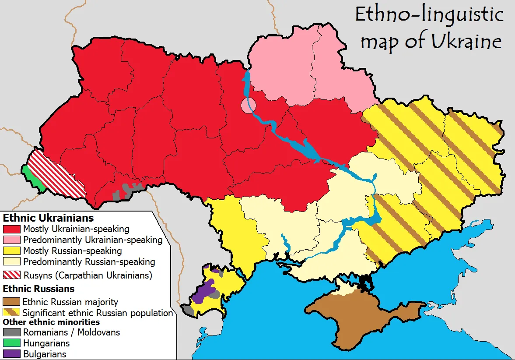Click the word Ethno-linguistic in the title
(429, 15)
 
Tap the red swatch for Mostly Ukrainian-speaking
(11, 229)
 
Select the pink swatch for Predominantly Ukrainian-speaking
(11, 240)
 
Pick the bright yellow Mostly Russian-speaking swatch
(11, 251)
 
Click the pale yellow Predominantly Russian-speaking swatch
(11, 262)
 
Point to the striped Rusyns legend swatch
(11, 275)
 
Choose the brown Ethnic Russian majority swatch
(11, 302)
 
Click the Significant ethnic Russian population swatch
(11, 313)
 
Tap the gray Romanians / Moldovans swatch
(11, 332)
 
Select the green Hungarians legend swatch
(11, 343)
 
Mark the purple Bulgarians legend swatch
(11, 354)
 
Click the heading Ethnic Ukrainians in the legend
(48, 218)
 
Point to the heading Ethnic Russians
(39, 289)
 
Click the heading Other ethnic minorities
(51, 322)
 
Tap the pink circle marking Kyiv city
(248, 106)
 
